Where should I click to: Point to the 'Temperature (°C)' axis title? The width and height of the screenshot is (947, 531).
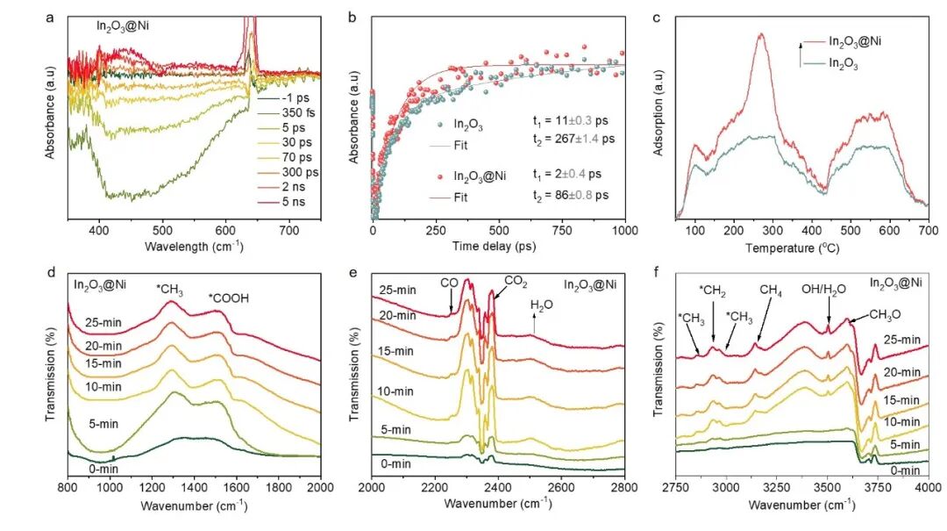click(801, 247)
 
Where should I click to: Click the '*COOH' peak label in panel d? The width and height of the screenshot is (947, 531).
click(228, 298)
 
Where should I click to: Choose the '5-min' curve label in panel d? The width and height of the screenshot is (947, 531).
click(103, 423)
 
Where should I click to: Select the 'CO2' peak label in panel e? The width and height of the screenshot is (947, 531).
click(515, 281)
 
